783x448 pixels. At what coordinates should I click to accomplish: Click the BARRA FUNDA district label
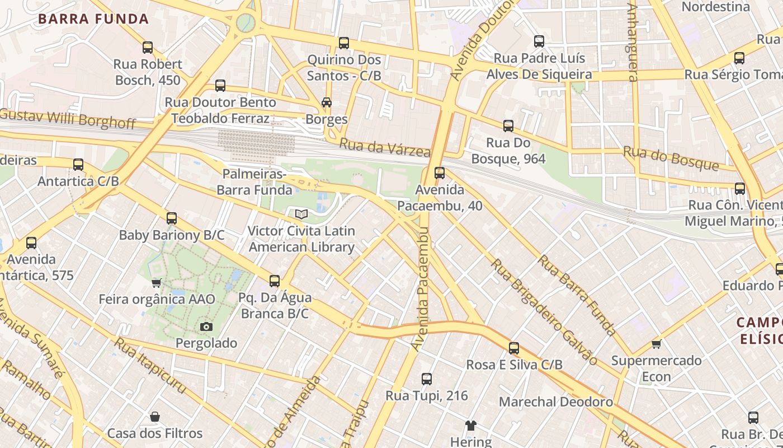coord(93,19)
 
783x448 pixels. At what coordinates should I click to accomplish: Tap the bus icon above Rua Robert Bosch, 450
coord(148,48)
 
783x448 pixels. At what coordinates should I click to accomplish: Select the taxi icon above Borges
coord(327,102)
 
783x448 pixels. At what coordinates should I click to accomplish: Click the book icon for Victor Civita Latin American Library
coord(301,214)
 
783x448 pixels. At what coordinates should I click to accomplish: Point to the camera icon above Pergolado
coord(206,326)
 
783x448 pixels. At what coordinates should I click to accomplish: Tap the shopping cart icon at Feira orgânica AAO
coord(157,283)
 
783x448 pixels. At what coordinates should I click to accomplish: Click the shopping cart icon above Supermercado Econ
coord(656,344)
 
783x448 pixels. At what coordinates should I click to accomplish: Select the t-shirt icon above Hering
coord(470,426)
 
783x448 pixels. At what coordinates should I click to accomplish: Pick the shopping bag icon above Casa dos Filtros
coord(155,417)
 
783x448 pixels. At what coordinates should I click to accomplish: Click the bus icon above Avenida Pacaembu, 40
coord(440,173)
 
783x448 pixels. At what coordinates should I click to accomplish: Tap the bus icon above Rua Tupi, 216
coord(427,379)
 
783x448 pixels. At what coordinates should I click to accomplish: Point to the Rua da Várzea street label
coord(385,148)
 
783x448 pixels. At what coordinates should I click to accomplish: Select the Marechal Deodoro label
coord(555,402)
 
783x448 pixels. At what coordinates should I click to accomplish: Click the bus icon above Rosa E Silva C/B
coord(514,348)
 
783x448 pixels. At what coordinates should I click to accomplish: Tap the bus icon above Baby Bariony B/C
coord(172,218)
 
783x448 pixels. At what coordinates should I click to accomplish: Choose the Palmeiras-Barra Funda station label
coord(254,182)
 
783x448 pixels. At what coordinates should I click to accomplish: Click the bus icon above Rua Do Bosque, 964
coord(508,127)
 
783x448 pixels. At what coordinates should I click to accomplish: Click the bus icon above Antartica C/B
coord(78,165)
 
